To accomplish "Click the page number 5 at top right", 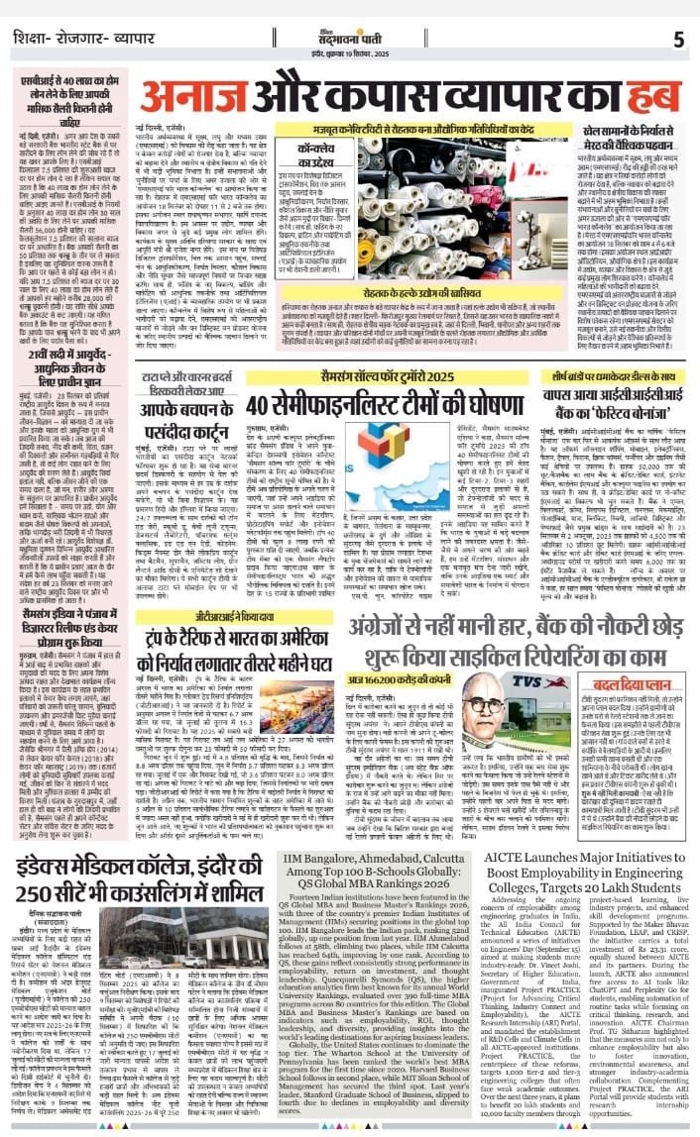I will pos(678,40).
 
